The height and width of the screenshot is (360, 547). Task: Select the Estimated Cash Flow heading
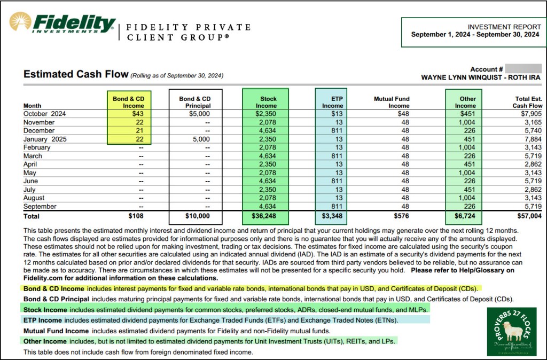75,74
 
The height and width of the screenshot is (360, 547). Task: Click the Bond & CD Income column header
128,102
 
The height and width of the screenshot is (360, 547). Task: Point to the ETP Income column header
332,102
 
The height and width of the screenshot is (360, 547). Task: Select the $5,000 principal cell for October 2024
199,113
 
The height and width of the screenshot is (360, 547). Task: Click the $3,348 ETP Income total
331,216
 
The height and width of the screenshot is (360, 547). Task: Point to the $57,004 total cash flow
529,216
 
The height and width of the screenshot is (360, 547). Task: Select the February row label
37,147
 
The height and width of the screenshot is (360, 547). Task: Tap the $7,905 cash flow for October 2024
532,113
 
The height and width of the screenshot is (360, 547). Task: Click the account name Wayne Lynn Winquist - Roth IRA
481,77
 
